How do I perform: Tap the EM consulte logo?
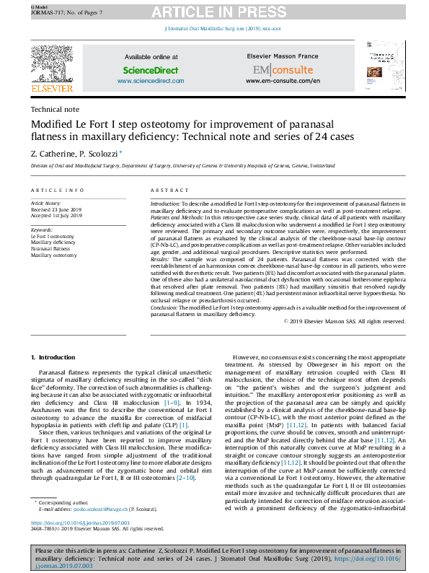pos(283,70)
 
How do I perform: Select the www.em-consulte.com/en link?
pos(283,81)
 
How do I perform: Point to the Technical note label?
pos(55,110)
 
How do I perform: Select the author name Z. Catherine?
pos(52,153)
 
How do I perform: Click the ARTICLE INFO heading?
pos(57,190)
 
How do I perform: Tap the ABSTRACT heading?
pos(169,190)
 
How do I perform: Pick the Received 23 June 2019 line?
pos(57,210)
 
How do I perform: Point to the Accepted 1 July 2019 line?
pos(56,216)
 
